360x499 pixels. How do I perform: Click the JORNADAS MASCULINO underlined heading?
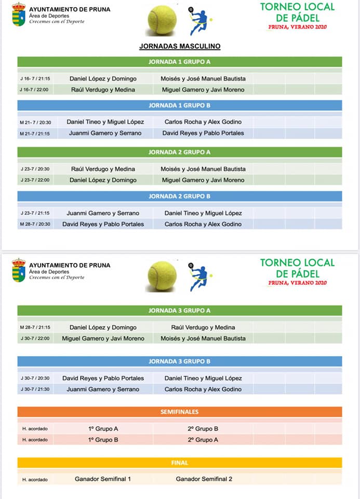coord(180,46)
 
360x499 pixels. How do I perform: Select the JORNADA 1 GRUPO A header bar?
coord(180,62)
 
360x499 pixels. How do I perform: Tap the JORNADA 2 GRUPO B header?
coord(180,196)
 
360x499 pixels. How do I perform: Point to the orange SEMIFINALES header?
coord(180,412)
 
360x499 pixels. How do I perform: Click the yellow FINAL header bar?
coord(180,463)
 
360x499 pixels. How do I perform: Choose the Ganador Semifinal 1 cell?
coord(103,479)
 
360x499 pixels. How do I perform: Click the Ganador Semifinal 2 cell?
coord(204,479)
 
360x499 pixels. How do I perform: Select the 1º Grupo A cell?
coord(103,429)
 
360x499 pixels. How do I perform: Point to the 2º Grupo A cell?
coord(203,440)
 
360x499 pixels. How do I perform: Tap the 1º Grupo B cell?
coord(103,440)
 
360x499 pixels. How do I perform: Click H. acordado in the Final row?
coord(35,479)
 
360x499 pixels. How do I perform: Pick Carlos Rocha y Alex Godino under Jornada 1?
coord(203,122)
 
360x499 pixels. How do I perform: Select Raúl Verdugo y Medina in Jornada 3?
coord(203,327)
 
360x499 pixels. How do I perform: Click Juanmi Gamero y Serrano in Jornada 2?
coord(103,213)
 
